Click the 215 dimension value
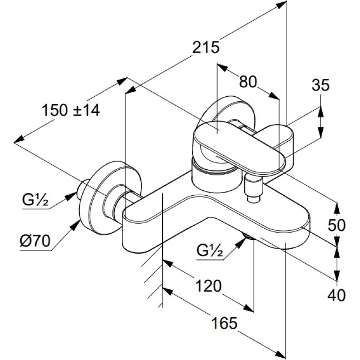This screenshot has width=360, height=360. [206, 47]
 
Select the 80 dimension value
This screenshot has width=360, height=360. [247, 81]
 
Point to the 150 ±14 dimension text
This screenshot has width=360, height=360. [71, 110]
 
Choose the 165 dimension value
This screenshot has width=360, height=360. [224, 322]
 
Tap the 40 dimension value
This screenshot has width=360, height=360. [336, 295]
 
